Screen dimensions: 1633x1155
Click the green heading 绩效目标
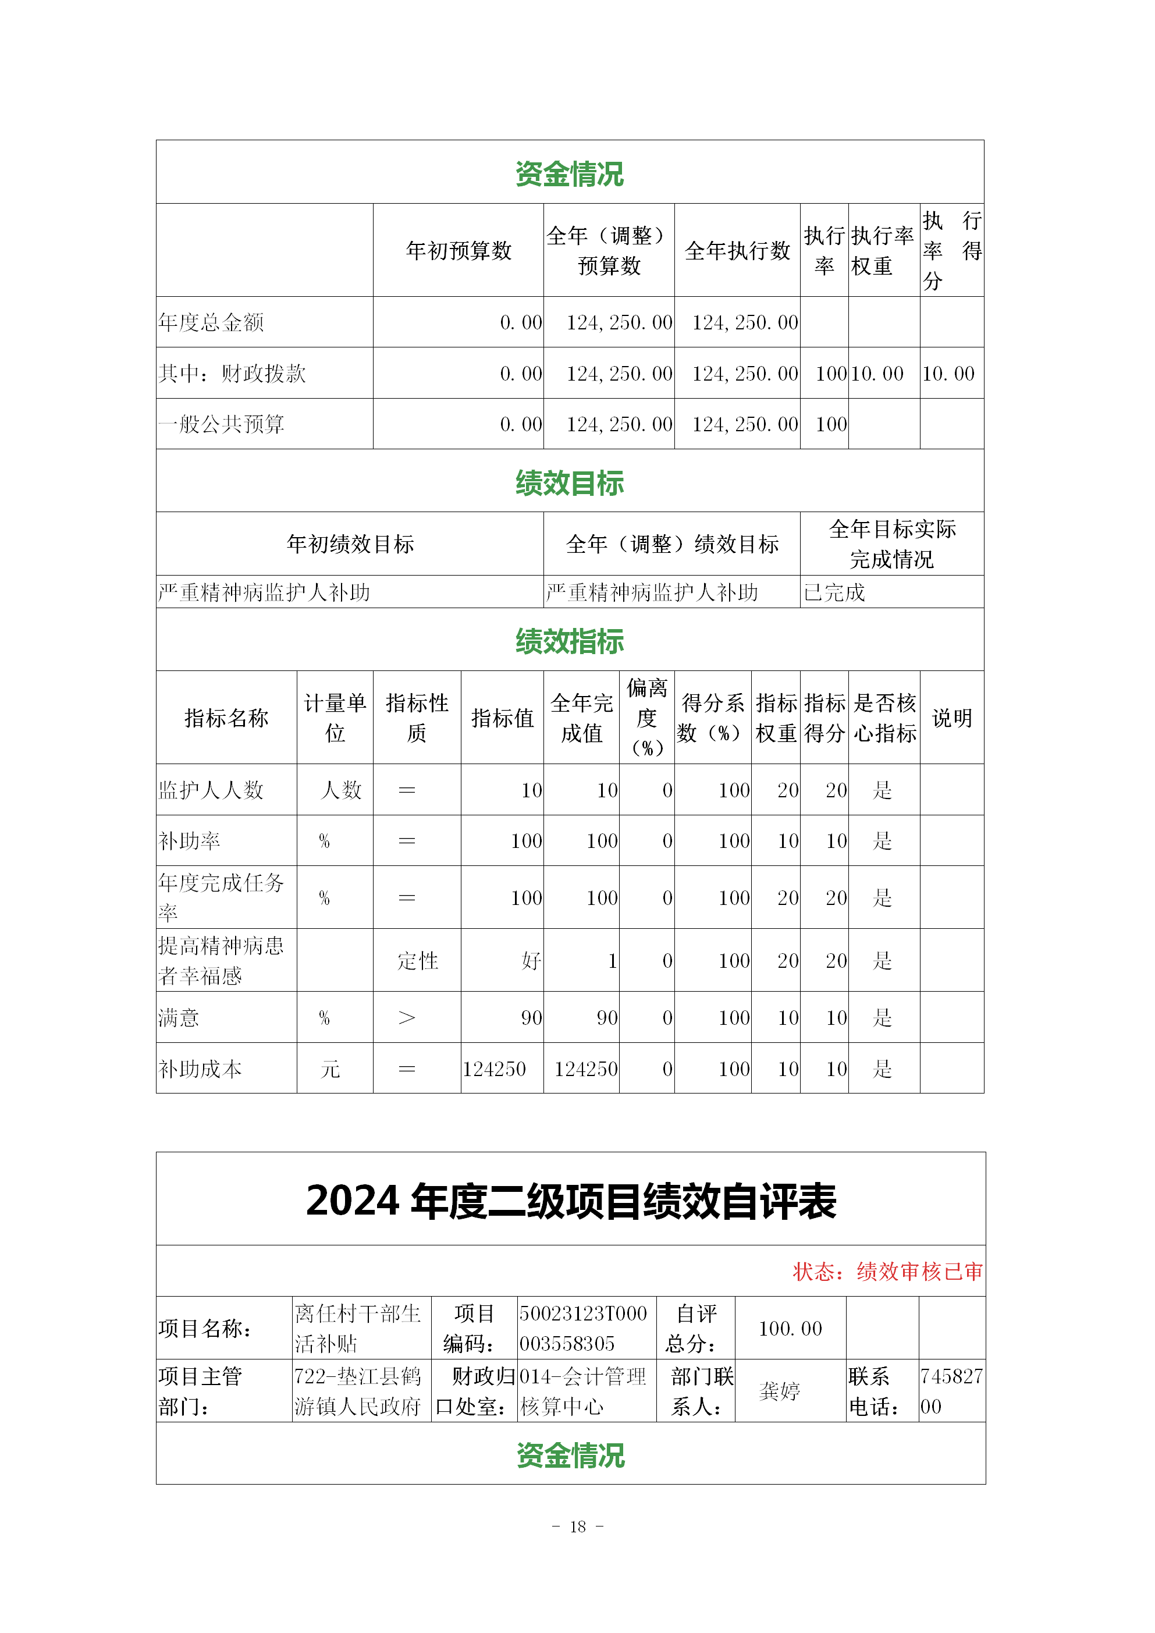point(570,483)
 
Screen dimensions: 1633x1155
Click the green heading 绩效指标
point(570,641)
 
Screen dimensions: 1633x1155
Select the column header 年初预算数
point(459,250)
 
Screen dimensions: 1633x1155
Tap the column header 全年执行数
point(738,250)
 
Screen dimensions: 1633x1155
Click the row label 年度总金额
point(211,323)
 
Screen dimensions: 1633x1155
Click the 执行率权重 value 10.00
point(877,374)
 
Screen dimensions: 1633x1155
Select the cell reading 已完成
point(834,592)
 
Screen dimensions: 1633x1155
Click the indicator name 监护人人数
point(211,790)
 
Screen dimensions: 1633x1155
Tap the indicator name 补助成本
point(201,1069)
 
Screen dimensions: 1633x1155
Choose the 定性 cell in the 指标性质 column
point(417,961)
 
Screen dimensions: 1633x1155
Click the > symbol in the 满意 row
point(407,1018)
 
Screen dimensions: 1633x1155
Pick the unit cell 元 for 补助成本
point(330,1069)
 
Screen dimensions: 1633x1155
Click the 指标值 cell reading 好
point(531,961)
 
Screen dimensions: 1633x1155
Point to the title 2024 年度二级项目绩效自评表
point(570,1202)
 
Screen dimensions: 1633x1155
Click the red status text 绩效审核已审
point(919,1271)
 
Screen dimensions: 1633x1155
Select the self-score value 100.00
point(790,1328)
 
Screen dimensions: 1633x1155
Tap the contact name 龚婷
point(780,1391)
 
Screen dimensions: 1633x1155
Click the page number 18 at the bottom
point(577,1526)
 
